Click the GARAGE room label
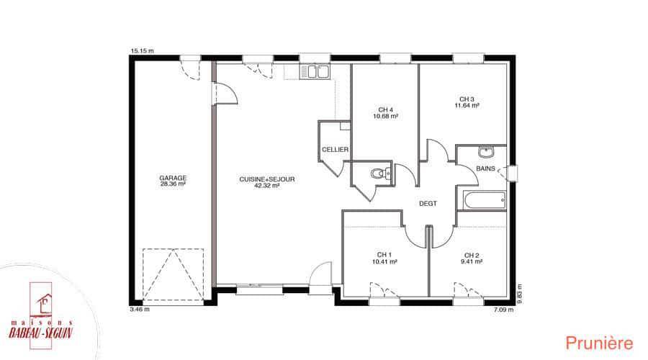pyautogui.click(x=173, y=178)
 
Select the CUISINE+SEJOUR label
pyautogui.click(x=267, y=179)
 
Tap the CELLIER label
pyautogui.click(x=335, y=149)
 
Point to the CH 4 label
pyautogui.click(x=386, y=110)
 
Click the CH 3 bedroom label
pyautogui.click(x=467, y=99)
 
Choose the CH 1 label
pyautogui.click(x=384, y=255)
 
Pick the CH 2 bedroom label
pyautogui.click(x=472, y=256)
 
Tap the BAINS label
pyautogui.click(x=485, y=168)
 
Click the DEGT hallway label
pyautogui.click(x=428, y=203)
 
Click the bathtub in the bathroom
pyautogui.click(x=485, y=201)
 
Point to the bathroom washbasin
pyautogui.click(x=487, y=152)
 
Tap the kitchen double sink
pyautogui.click(x=315, y=71)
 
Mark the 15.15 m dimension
pyautogui.click(x=142, y=51)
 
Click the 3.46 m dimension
pyautogui.click(x=140, y=309)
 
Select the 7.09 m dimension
pyautogui.click(x=504, y=309)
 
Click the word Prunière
pyautogui.click(x=599, y=343)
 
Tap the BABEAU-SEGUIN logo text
pyautogui.click(x=41, y=333)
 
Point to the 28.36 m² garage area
pyautogui.click(x=173, y=184)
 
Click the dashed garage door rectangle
pyautogui.click(x=173, y=275)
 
